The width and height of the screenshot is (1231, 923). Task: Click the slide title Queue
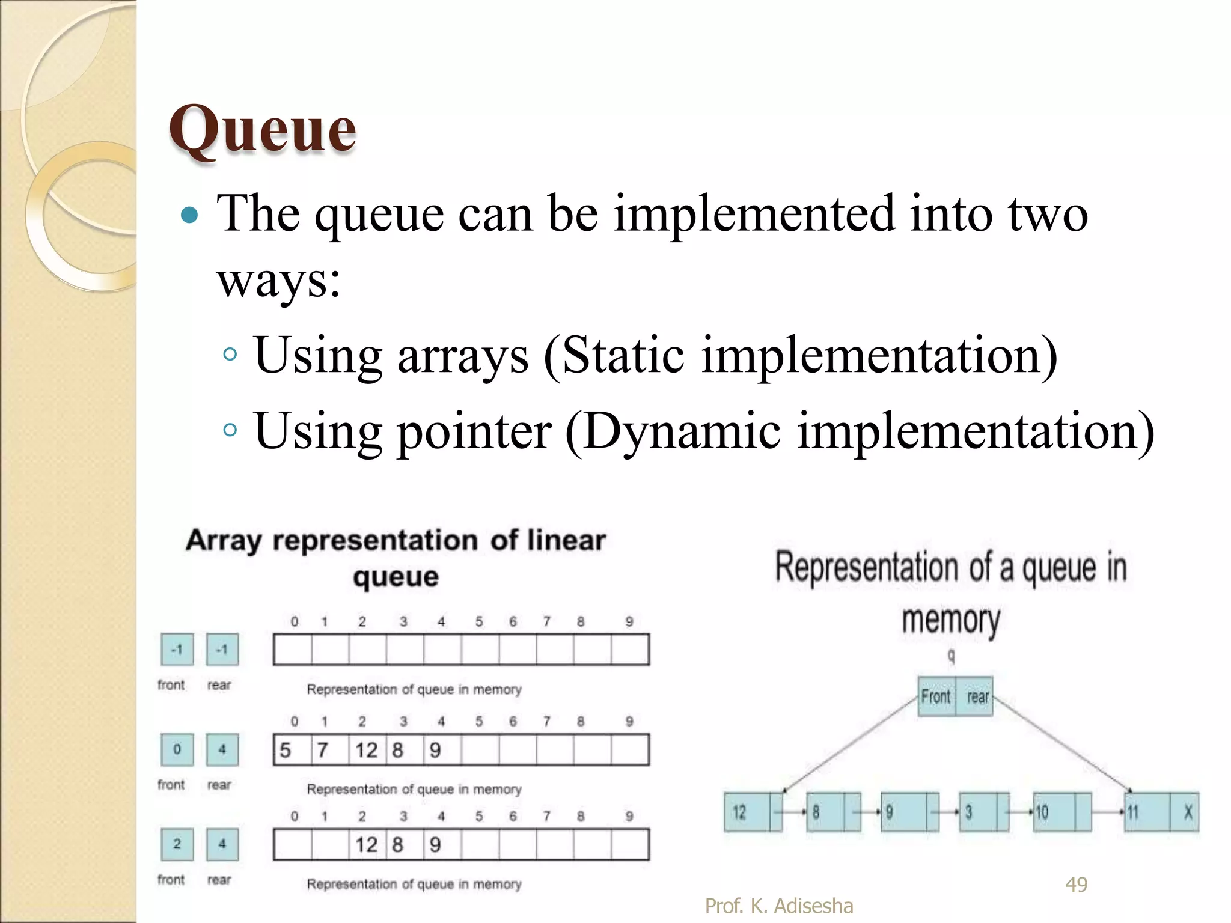[x=263, y=129]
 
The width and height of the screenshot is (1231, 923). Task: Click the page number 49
[x=1076, y=885]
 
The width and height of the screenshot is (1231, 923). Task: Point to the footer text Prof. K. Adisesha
[x=778, y=906]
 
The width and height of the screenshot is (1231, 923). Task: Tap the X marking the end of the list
[x=1187, y=812]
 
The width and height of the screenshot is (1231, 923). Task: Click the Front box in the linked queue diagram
[x=936, y=697]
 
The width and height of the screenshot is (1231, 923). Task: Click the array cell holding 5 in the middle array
[x=292, y=750]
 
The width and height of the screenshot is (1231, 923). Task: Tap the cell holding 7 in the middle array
[x=329, y=750]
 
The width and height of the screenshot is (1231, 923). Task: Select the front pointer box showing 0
[x=177, y=749]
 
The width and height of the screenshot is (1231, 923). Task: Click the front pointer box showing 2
[x=177, y=844]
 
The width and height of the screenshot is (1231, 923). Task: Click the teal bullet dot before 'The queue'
[x=189, y=215]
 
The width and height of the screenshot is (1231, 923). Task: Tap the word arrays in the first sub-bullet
[x=463, y=356]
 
